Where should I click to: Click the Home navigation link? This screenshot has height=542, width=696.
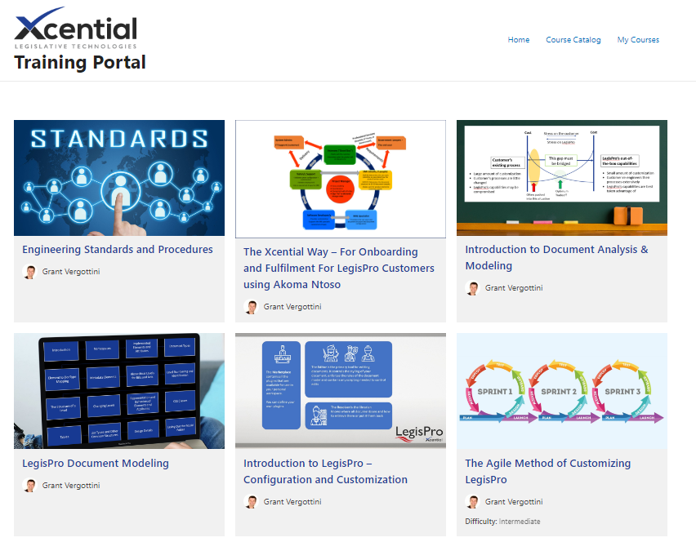[518, 40]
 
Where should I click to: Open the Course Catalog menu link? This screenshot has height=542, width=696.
[573, 40]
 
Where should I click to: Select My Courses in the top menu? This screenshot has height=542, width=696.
[638, 40]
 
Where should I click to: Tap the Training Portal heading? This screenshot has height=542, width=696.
[80, 63]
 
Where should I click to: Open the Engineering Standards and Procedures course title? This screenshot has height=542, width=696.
[118, 250]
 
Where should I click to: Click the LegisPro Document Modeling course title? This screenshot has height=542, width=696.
[96, 464]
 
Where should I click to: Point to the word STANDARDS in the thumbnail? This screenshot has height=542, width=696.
[119, 139]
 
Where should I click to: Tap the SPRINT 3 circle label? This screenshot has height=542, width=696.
[623, 391]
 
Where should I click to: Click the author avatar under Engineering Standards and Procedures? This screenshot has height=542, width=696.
[30, 272]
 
